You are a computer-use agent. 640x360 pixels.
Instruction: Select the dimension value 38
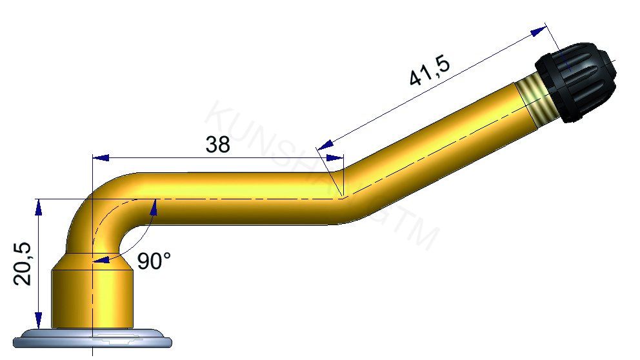point(217,145)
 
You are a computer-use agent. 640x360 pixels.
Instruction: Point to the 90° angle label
point(154,261)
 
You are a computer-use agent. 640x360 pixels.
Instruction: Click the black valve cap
point(575,81)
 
